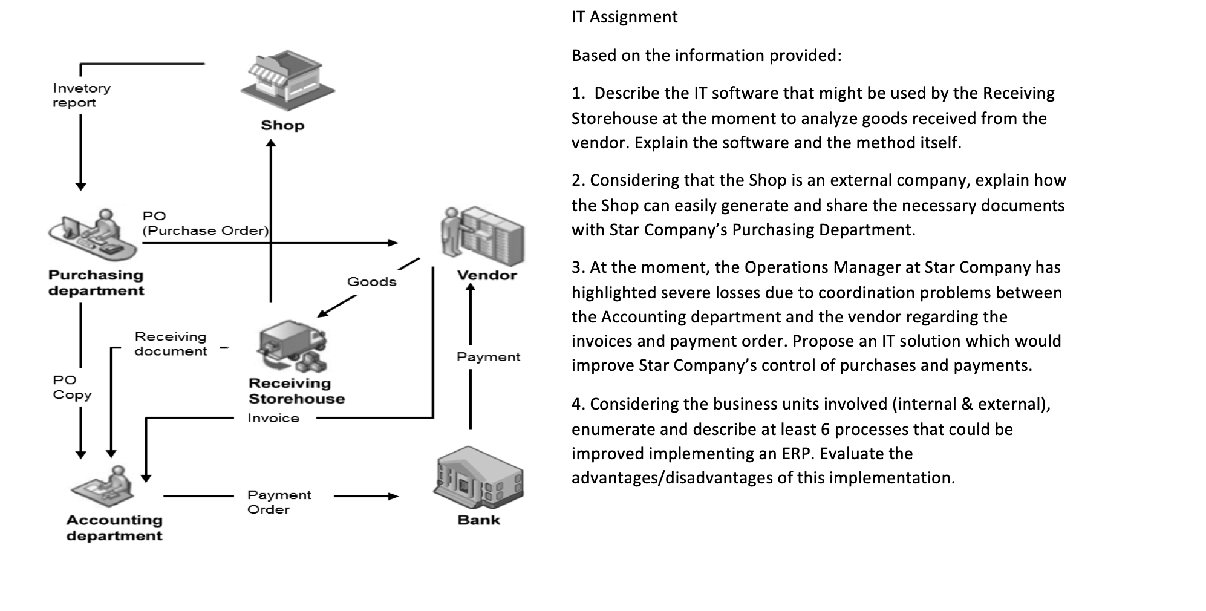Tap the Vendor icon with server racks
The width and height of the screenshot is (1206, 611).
pos(484,236)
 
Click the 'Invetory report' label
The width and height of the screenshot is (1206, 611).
pos(81,96)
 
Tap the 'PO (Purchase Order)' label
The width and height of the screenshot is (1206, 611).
pos(204,223)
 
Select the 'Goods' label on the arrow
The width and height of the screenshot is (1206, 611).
pos(371,282)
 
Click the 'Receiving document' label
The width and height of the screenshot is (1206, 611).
pos(171,344)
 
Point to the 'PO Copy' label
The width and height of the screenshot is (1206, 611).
pos(71,387)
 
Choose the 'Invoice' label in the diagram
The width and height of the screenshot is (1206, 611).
pos(273,418)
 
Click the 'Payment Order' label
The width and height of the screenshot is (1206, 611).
pos(278,502)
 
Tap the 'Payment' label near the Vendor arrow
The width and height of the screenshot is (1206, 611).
pos(488,357)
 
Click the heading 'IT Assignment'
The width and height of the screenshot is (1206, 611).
pos(624,17)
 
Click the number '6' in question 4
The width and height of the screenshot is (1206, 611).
pos(825,430)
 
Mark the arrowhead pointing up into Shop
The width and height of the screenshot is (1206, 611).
pos(271,143)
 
